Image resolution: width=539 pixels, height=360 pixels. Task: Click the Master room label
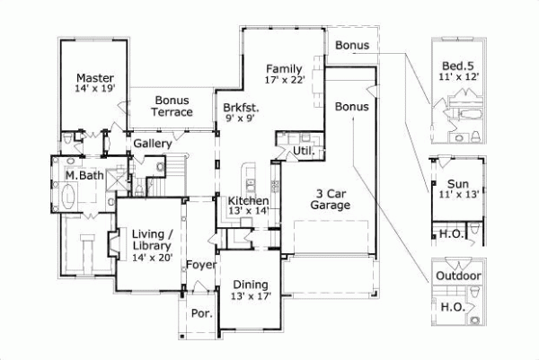click(93, 77)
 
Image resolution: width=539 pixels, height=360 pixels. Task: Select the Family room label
click(284, 68)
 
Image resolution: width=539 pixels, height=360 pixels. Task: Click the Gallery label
click(153, 144)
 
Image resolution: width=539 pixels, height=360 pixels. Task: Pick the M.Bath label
click(82, 175)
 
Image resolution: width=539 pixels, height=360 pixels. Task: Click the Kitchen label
click(248, 200)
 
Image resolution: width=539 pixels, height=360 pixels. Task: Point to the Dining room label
click(250, 283)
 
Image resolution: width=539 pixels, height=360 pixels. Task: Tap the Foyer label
click(200, 266)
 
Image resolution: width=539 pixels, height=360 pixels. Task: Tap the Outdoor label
click(458, 276)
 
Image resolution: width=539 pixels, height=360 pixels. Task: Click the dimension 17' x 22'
click(286, 81)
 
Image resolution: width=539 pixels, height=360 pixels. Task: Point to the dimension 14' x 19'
click(93, 89)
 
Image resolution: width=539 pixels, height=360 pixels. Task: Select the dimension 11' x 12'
click(459, 78)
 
